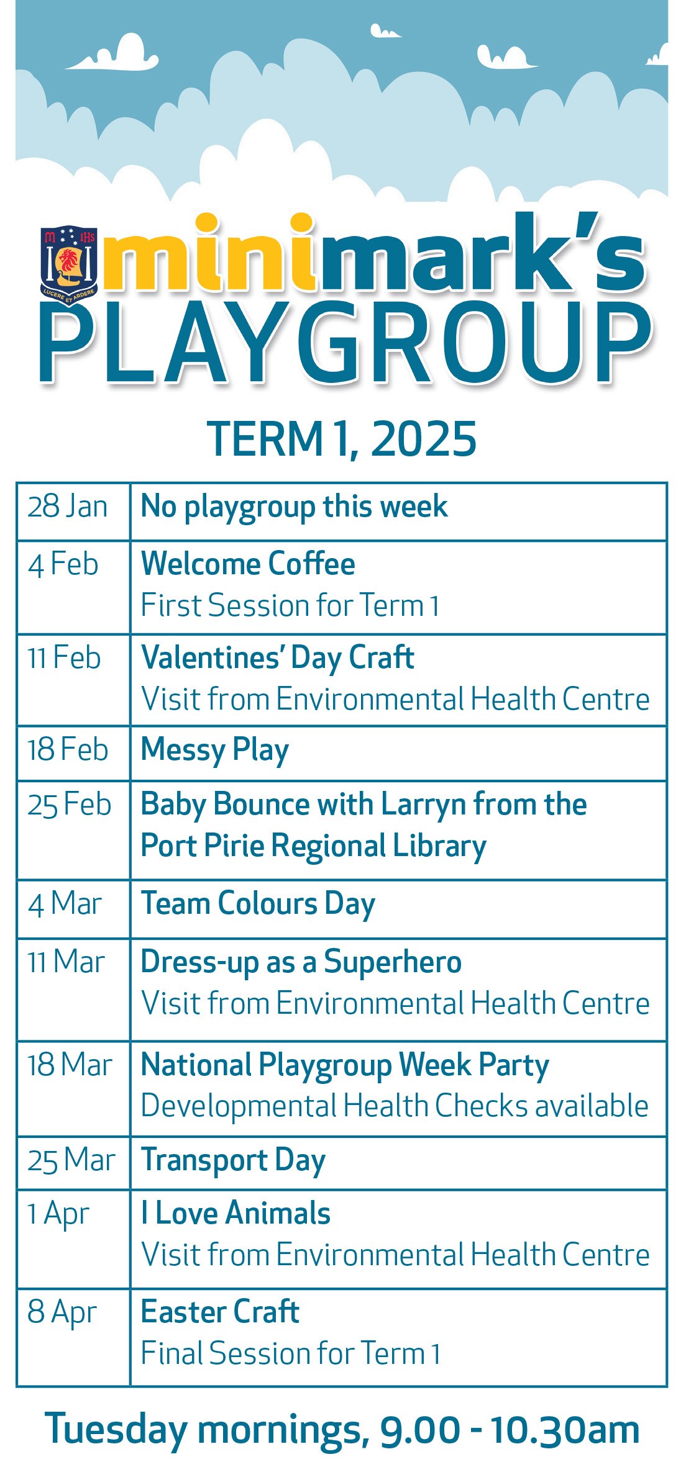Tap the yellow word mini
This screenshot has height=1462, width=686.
pos(209,253)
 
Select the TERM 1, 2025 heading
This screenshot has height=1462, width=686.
pos(342,439)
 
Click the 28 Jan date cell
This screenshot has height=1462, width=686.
pos(73,512)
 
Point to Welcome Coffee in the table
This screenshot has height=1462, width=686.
pos(248,564)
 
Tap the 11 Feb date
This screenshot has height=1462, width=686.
pos(63,657)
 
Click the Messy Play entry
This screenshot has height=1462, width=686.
pos(215,751)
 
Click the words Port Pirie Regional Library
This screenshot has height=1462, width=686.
pos(314,847)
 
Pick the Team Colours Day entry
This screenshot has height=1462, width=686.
pos(258,905)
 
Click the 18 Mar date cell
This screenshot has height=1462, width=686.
pos(73,1089)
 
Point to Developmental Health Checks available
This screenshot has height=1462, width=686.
pos(395,1106)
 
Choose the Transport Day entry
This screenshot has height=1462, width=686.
pos(234,1161)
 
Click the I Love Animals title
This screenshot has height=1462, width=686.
pos(236,1213)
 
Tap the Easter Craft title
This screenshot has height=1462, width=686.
pos(221,1312)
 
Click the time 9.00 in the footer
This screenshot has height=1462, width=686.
pos(420,1430)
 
